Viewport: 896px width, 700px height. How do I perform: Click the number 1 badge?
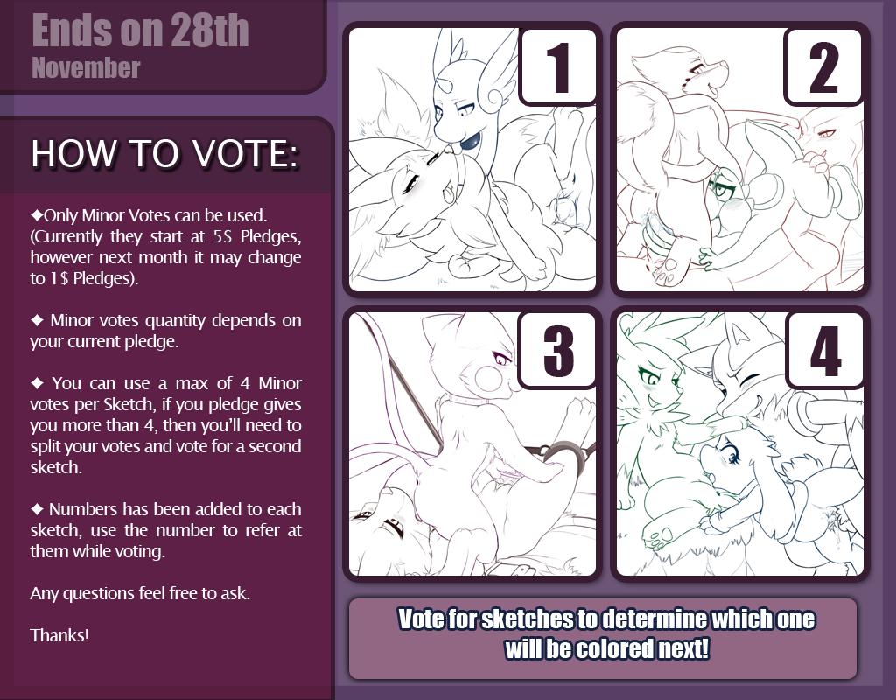click(558, 66)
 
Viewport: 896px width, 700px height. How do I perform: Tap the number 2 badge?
click(824, 66)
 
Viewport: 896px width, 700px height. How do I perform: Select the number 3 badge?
click(558, 350)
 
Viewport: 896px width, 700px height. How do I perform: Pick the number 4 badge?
click(824, 350)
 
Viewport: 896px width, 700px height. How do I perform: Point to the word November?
click(87, 68)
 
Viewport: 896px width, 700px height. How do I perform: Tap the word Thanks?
click(59, 635)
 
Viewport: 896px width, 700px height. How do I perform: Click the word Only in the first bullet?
click(61, 215)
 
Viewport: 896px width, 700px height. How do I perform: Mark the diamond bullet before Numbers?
click(37, 509)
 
